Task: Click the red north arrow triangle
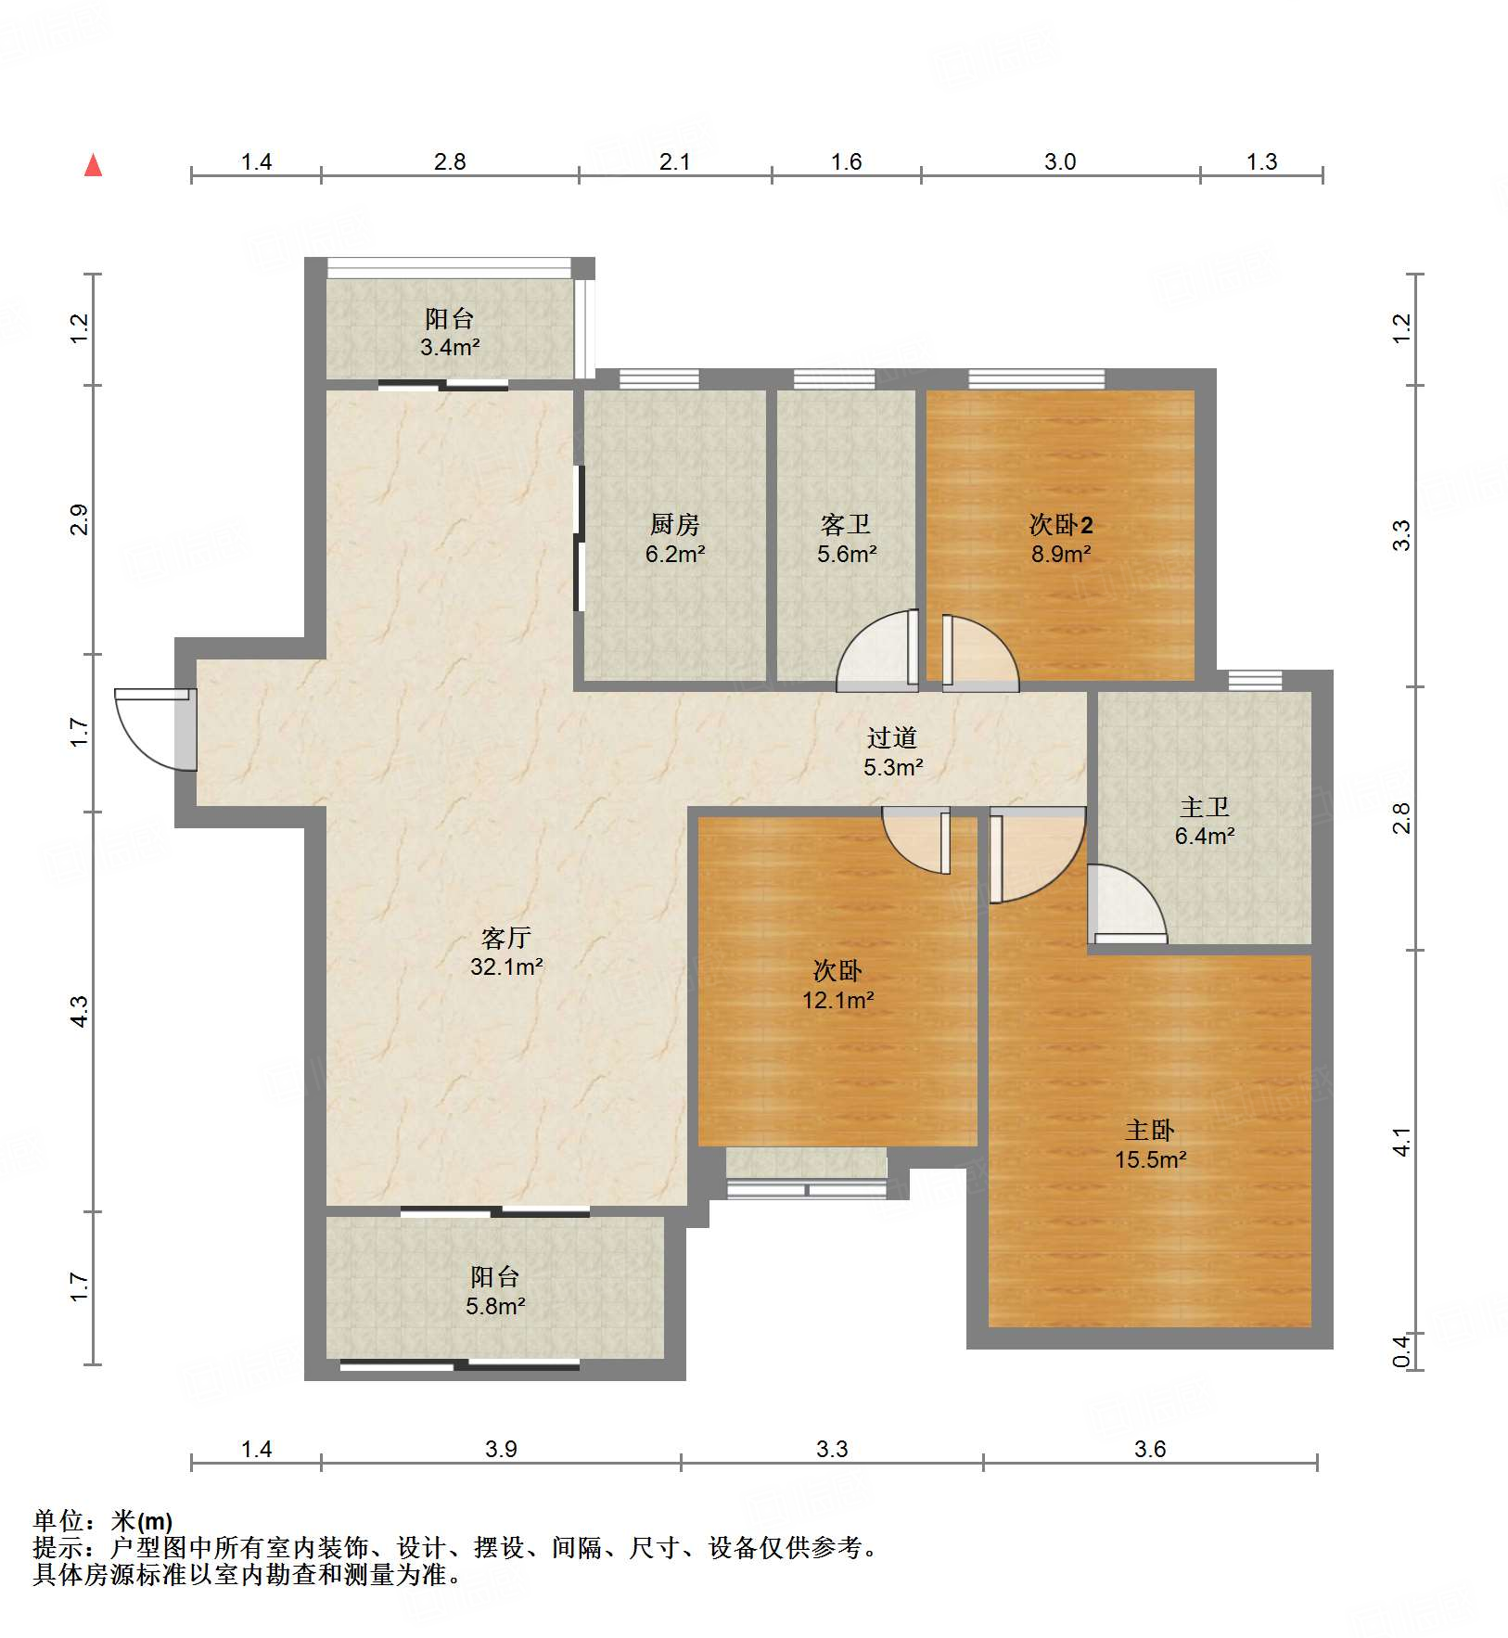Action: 93,165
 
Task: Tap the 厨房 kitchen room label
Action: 674,525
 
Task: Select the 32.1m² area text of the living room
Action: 506,966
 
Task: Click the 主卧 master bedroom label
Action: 1150,1130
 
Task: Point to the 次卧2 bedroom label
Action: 1061,525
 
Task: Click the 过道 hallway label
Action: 892,737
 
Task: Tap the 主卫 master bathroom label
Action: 1205,807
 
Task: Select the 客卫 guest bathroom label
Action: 846,525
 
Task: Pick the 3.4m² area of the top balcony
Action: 450,348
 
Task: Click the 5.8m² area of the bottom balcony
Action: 495,1306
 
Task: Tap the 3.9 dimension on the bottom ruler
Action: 501,1449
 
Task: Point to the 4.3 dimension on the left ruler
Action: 80,1011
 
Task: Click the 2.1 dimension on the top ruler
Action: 674,162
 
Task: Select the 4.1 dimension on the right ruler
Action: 1401,1142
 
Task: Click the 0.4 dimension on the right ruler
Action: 1401,1350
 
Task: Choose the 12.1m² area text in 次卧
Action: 838,1000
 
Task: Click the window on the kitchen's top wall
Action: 658,378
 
